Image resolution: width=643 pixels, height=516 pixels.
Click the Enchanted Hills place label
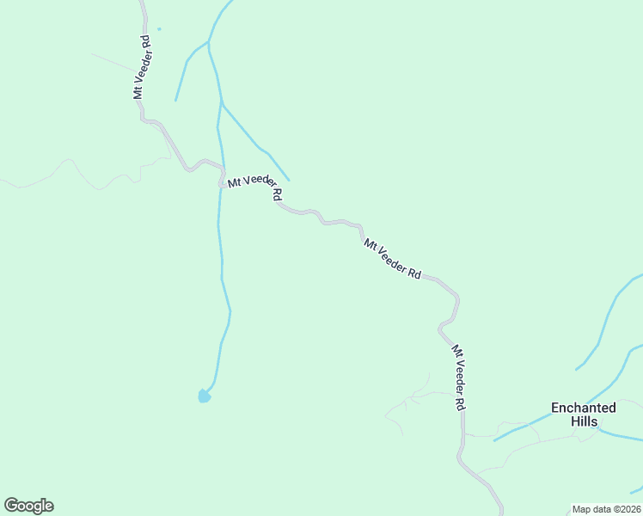tap(583, 415)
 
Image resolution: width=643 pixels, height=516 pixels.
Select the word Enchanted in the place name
tap(583, 408)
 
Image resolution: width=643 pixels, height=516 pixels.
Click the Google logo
tap(28, 506)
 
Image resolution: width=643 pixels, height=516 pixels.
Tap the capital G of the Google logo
tap(11, 505)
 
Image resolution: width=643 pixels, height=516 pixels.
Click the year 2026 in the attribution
tap(628, 509)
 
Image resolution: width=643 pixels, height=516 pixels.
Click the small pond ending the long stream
tap(204, 396)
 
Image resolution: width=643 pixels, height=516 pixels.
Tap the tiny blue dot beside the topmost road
tap(159, 29)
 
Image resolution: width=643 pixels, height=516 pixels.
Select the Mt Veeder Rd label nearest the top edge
tap(142, 68)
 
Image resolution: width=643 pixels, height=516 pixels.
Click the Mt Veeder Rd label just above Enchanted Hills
tap(459, 377)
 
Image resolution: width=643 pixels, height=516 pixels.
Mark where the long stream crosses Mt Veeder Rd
tap(221, 178)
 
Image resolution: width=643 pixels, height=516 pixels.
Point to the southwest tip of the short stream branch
tap(175, 101)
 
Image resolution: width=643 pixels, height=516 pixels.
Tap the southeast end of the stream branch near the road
tap(289, 181)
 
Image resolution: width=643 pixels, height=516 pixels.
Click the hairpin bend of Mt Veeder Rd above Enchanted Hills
tap(440, 327)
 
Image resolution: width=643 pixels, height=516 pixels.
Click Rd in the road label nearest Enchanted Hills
tap(461, 402)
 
